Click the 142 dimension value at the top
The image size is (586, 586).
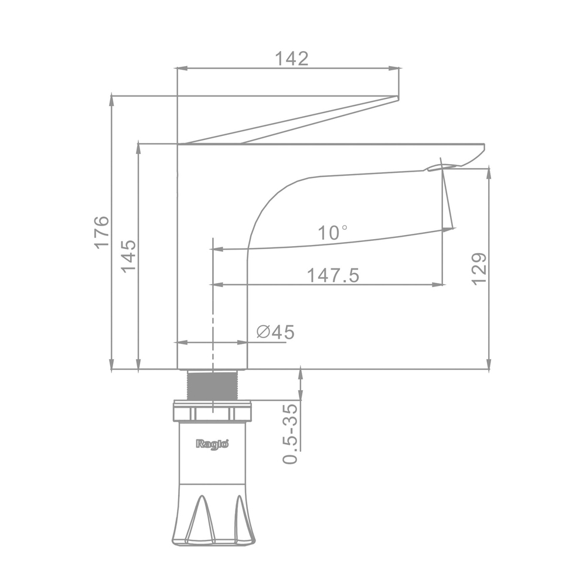(x=292, y=59)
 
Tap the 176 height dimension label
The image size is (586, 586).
(x=101, y=232)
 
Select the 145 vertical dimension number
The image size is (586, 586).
(x=128, y=257)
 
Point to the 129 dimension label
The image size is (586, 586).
(x=479, y=269)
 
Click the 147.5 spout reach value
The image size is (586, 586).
(x=333, y=275)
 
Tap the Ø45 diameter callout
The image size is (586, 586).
(x=276, y=332)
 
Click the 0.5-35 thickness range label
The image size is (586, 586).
(x=291, y=434)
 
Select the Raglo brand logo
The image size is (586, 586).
(x=212, y=444)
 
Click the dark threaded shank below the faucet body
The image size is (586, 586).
(x=212, y=386)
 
